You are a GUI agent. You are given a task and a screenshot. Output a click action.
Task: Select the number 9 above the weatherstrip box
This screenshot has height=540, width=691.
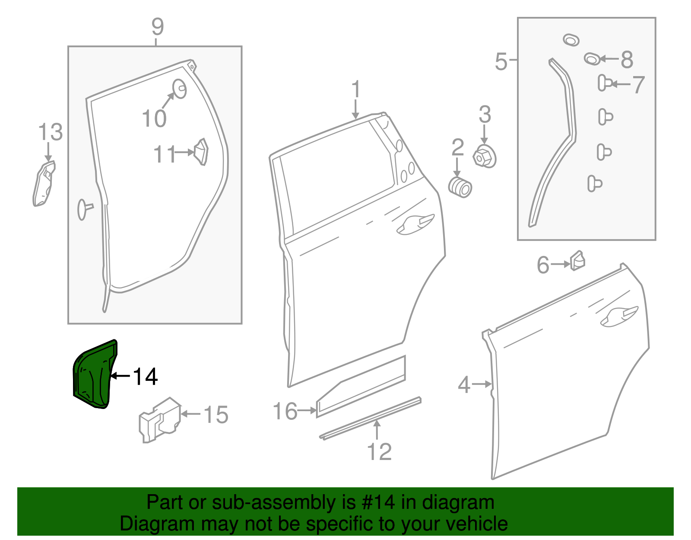coord(158,27)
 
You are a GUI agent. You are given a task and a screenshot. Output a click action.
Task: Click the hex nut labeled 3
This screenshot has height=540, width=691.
coord(484,157)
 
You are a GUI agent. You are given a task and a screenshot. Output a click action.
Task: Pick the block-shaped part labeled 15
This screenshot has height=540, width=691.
coord(159,420)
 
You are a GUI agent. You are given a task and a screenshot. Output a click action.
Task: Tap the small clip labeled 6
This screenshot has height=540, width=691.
coord(577,260)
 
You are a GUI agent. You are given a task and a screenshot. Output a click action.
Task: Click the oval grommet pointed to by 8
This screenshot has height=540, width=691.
coord(592,58)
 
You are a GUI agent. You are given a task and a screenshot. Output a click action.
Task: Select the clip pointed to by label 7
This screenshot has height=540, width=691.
coord(604,83)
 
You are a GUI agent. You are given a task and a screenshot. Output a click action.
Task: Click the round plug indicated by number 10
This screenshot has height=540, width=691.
coord(179,88)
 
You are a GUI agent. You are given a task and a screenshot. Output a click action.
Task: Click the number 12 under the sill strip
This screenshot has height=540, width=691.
coord(379,452)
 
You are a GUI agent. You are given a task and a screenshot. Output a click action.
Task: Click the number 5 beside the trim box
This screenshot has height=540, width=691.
coord(501,61)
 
